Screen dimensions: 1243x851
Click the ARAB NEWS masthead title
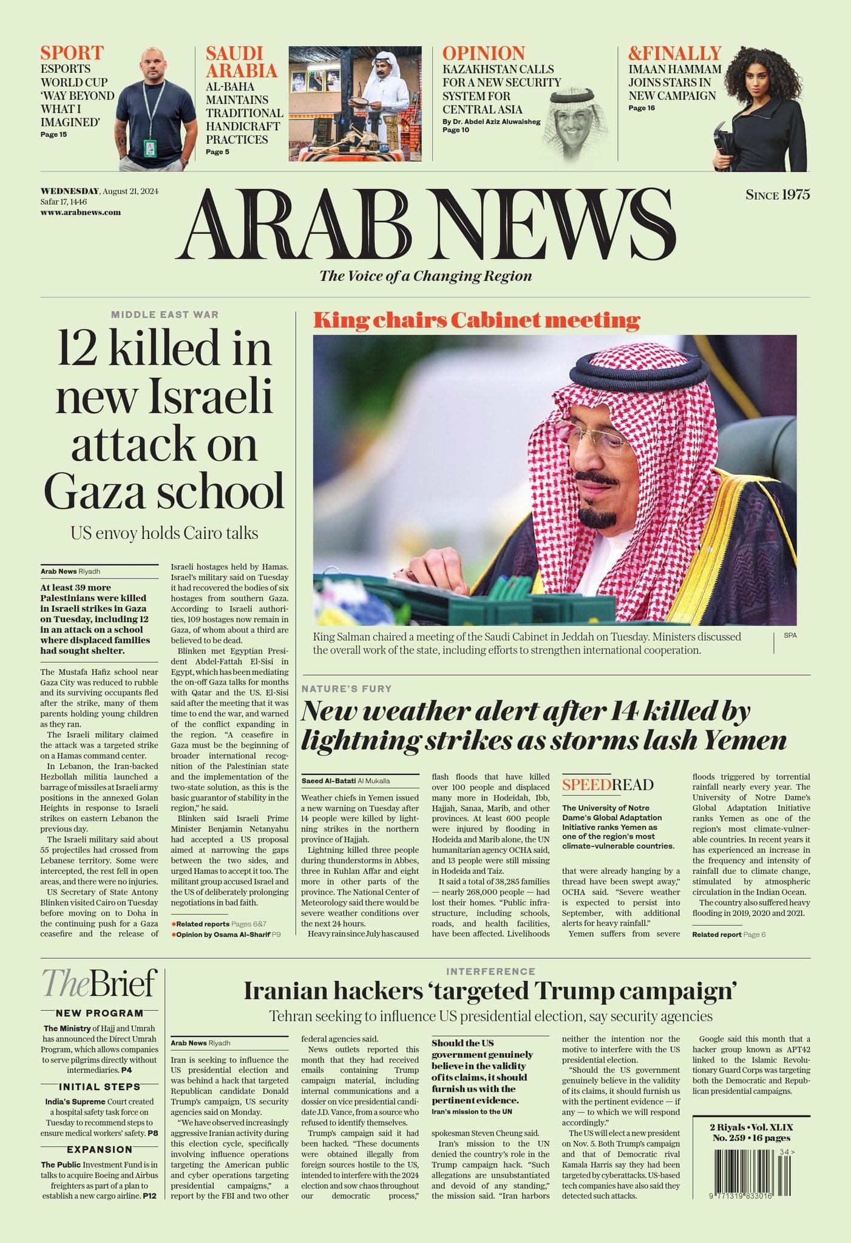click(x=426, y=224)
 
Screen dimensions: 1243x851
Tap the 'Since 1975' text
click(x=778, y=195)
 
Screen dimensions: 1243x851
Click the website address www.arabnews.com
click(x=81, y=212)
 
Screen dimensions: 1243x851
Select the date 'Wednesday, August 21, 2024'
click(x=100, y=192)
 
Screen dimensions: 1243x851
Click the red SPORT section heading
click(x=72, y=53)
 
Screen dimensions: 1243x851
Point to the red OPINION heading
click(x=483, y=53)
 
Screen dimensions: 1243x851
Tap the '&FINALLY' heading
click(x=674, y=53)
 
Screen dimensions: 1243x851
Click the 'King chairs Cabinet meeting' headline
click(x=476, y=320)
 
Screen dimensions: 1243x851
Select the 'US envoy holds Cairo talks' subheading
click(x=164, y=533)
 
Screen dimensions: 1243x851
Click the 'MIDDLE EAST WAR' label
click(x=164, y=314)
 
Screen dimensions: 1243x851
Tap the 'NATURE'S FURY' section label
click(x=347, y=689)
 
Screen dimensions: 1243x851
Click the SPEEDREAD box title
click(x=607, y=785)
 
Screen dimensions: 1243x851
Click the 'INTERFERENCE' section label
click(x=490, y=972)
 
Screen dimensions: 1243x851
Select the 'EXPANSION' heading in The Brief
click(x=100, y=1150)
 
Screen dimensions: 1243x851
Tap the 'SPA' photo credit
click(x=790, y=635)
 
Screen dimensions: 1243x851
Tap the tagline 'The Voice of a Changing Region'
click(x=425, y=276)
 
